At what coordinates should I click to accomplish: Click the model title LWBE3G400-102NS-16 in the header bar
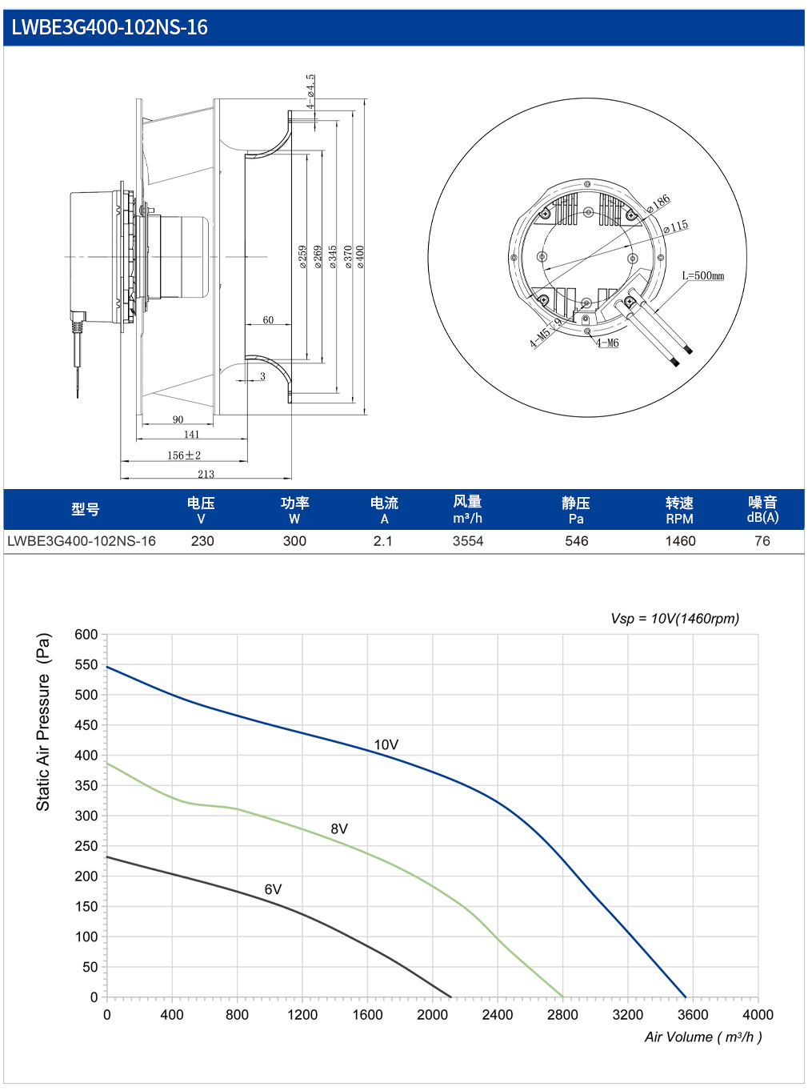pyautogui.click(x=110, y=27)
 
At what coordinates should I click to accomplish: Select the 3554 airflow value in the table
pyautogui.click(x=468, y=541)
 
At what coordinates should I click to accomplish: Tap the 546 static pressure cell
pyautogui.click(x=576, y=541)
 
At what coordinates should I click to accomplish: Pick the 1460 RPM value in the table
pyautogui.click(x=680, y=541)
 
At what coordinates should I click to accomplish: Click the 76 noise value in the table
pyautogui.click(x=762, y=541)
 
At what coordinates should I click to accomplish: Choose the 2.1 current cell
pyautogui.click(x=382, y=541)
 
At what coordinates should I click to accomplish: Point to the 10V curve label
pyautogui.click(x=386, y=744)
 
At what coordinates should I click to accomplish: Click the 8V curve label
pyautogui.click(x=339, y=828)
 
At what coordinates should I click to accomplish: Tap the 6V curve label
pyautogui.click(x=273, y=888)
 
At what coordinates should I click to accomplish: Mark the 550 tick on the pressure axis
pyautogui.click(x=86, y=664)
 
